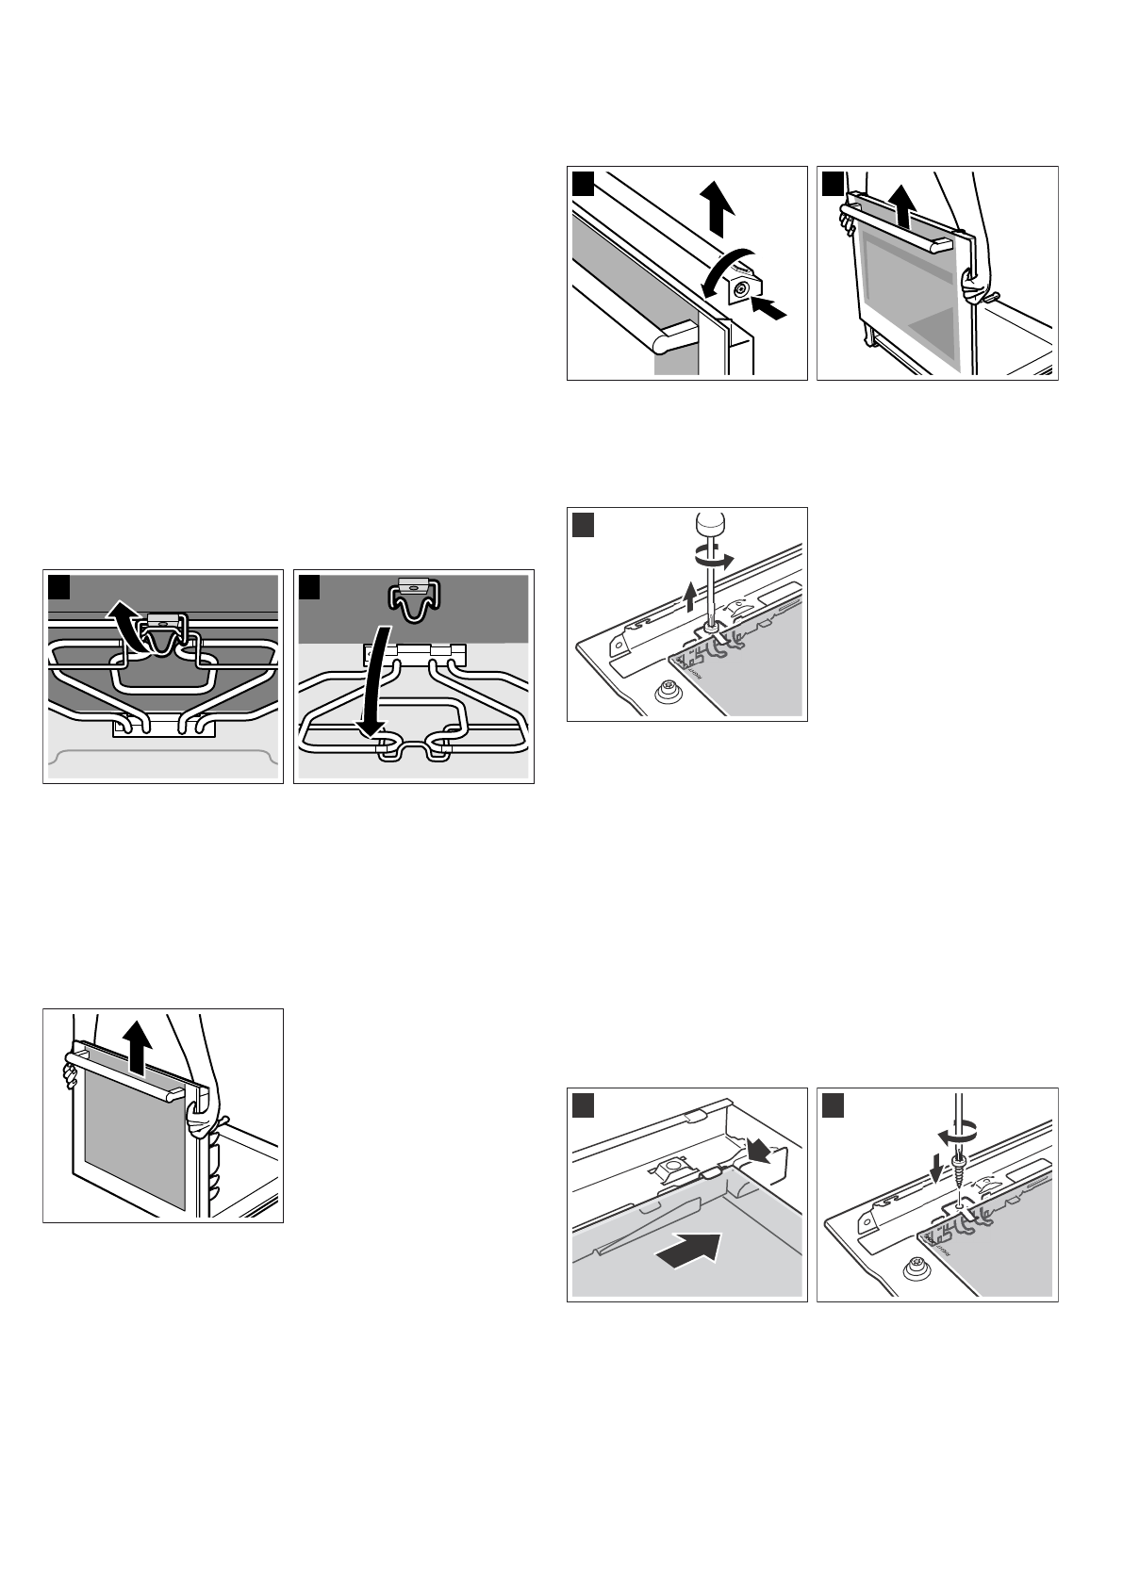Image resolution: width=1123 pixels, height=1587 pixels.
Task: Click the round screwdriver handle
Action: tap(707, 525)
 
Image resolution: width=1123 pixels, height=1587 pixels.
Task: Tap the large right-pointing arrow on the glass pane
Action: tap(687, 1252)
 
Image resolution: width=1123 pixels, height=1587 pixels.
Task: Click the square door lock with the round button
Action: tap(743, 288)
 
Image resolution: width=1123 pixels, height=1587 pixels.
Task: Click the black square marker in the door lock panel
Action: tap(584, 184)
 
